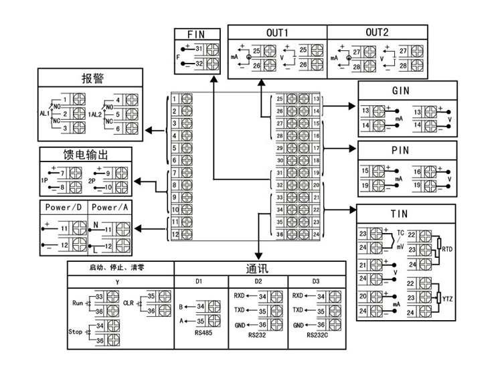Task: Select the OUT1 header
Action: (x=276, y=32)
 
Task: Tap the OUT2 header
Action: (x=377, y=32)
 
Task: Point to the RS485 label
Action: (x=201, y=331)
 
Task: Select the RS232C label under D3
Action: (x=317, y=335)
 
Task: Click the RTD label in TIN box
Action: (x=448, y=249)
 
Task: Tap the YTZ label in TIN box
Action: (x=448, y=297)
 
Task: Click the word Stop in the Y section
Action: (x=76, y=332)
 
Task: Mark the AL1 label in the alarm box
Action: (x=46, y=114)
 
